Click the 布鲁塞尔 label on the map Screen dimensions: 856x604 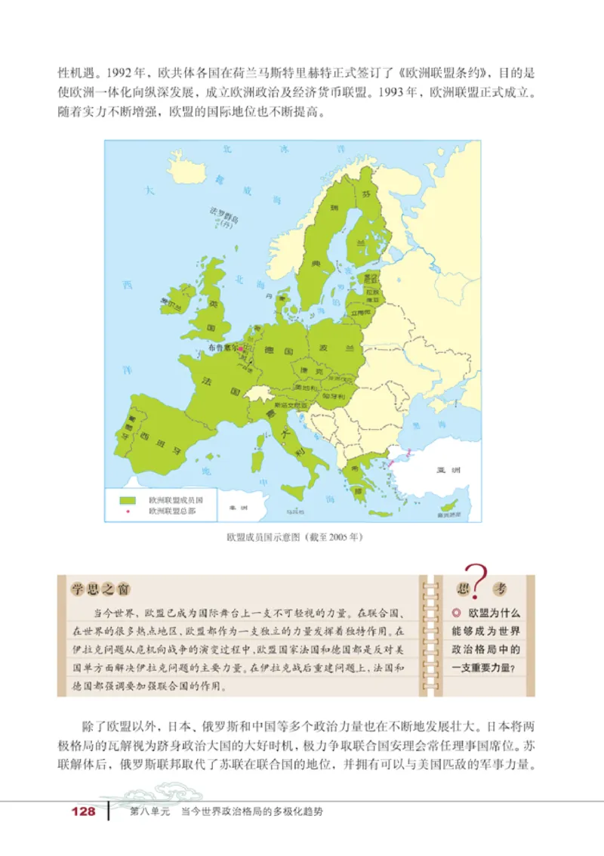click(x=221, y=348)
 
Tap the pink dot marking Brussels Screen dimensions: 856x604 click(x=241, y=348)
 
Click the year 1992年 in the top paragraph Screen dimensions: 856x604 click(x=121, y=76)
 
